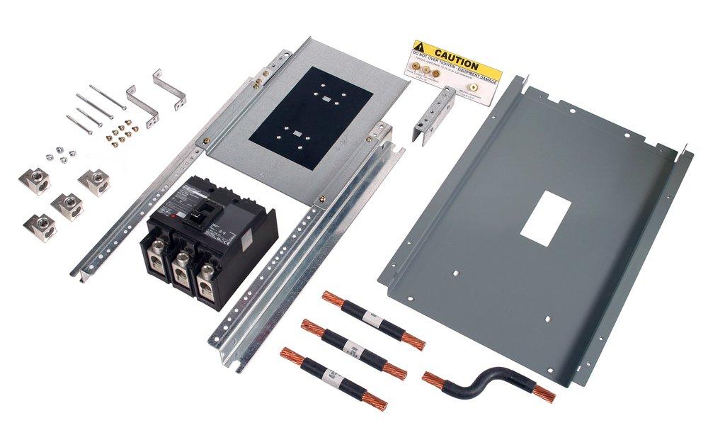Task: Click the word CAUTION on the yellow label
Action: [x=457, y=54]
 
